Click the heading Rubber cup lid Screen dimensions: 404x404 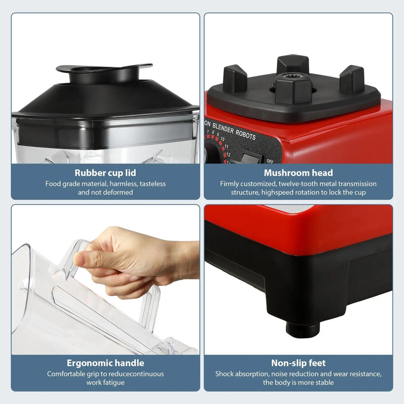click(105, 173)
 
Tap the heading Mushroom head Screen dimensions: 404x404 click(298, 173)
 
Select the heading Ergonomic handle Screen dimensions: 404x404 click(105, 363)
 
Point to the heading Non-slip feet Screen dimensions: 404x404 click(298, 363)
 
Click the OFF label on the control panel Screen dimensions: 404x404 click(270, 161)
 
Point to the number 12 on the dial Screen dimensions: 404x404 click(228, 155)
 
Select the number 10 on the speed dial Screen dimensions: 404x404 click(223, 139)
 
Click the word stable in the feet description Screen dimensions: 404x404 click(325, 382)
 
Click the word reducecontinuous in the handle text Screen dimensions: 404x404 click(136, 374)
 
